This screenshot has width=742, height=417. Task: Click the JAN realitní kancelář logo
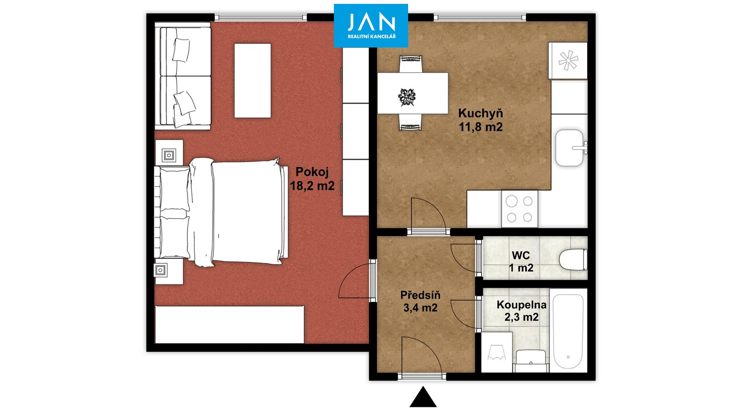point(371,25)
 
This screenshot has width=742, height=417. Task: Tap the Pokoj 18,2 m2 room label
point(312,179)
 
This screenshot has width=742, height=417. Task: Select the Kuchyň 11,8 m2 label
point(481,120)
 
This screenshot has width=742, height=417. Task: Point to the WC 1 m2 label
point(521,261)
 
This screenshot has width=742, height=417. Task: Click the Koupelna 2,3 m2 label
point(521,311)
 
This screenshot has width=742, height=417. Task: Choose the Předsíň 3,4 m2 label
point(420,302)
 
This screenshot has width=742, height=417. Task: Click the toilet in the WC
point(573,260)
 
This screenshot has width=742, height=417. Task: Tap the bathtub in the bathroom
point(568,331)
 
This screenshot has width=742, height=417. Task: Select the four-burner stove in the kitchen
point(519,209)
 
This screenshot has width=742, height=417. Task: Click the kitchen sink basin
point(570,148)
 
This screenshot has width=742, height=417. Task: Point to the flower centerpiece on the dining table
point(407,97)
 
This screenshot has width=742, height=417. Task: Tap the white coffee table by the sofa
point(252,81)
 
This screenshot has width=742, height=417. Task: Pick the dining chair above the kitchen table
point(410,64)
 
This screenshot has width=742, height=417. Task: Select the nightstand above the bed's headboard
point(169,153)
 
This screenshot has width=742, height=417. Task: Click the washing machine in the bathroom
point(497,352)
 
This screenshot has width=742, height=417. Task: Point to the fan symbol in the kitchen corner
point(568,61)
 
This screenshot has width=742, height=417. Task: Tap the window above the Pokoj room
point(261,17)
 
